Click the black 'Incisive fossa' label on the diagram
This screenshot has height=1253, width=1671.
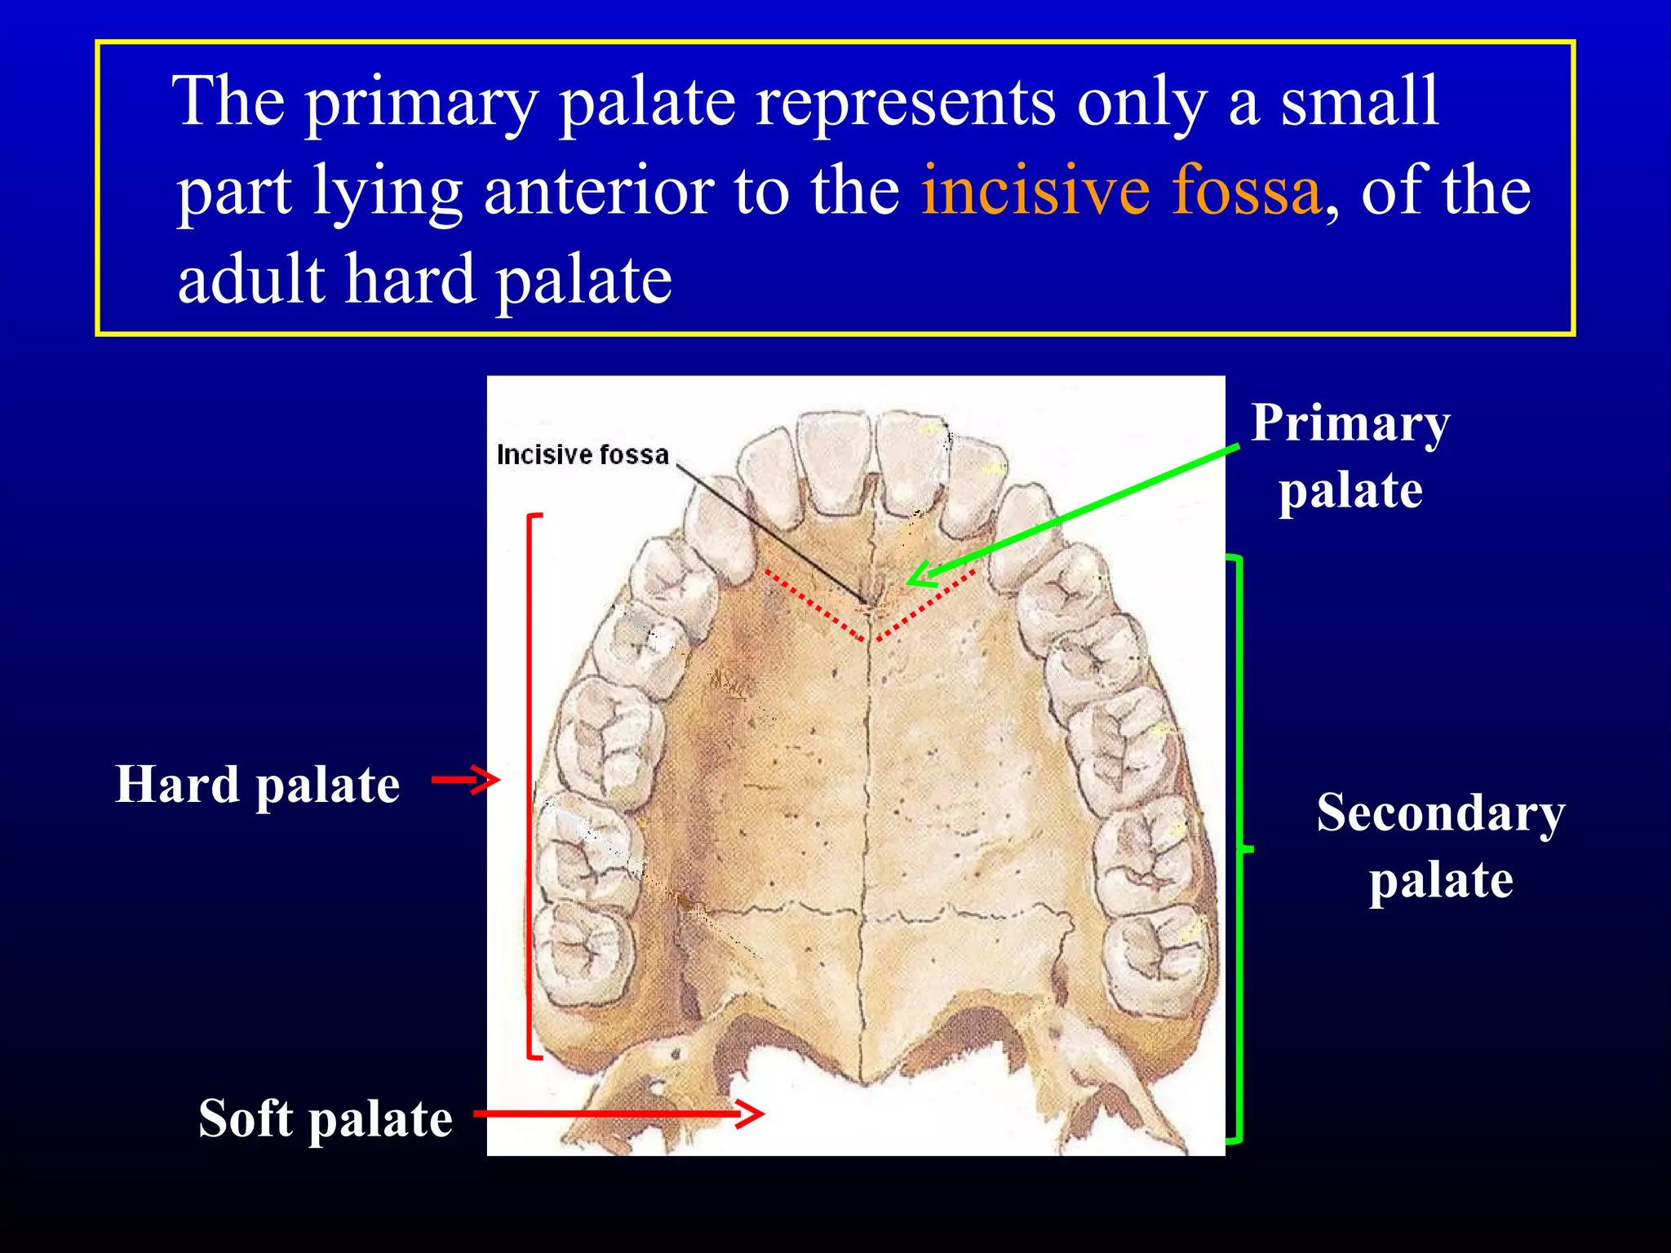583,454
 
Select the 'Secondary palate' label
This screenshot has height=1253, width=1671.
1440,846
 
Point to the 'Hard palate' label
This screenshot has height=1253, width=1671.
257,785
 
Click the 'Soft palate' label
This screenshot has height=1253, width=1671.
325,1118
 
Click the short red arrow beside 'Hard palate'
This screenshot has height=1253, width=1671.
465,780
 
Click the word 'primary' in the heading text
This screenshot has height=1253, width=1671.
421,102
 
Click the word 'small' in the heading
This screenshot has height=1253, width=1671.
1359,102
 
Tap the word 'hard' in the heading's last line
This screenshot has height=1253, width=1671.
410,280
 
